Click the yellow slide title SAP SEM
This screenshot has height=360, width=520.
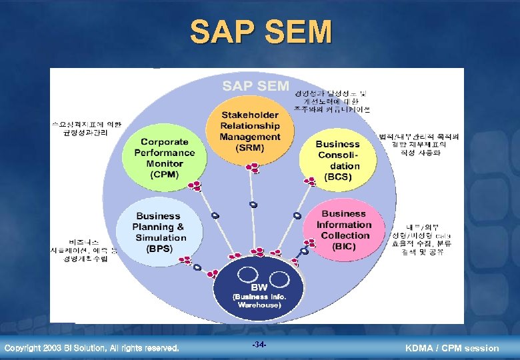click(x=260, y=31)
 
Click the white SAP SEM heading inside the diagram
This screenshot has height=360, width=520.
click(x=255, y=85)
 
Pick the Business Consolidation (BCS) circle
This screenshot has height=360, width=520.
click(x=337, y=161)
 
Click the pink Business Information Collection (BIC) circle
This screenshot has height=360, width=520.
click(x=344, y=230)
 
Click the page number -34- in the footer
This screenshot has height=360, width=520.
click(x=259, y=345)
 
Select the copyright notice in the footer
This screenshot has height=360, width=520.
click(x=91, y=348)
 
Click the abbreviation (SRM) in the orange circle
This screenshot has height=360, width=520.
click(x=250, y=148)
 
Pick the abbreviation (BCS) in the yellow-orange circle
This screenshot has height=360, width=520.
click(x=337, y=177)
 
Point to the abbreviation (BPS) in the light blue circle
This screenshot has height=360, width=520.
click(x=159, y=249)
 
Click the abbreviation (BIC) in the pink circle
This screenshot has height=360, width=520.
click(x=344, y=246)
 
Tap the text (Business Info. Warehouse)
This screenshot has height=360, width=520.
click(x=259, y=300)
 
